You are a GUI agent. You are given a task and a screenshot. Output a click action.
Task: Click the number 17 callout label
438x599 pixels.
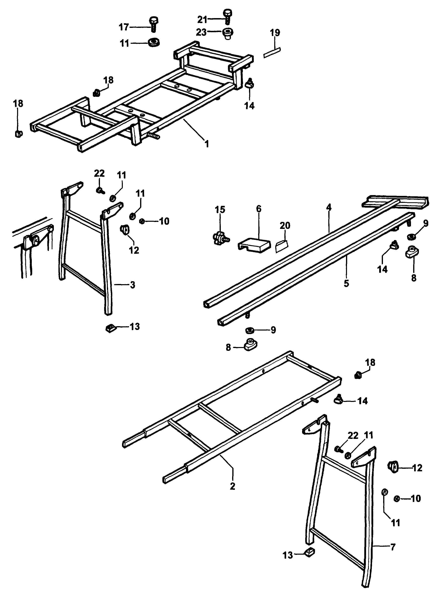(x=124, y=27)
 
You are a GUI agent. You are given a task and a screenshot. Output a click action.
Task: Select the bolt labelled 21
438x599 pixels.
(x=228, y=17)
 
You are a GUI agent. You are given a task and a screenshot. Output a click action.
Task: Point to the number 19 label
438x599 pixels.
(x=275, y=33)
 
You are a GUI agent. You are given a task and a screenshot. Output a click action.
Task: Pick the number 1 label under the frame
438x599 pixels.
(x=207, y=144)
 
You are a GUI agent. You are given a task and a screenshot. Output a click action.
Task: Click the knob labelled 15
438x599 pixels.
(x=221, y=237)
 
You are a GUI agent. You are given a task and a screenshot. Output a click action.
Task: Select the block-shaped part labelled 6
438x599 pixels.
(x=254, y=245)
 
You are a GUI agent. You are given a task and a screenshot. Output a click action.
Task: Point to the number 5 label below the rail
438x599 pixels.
(x=346, y=283)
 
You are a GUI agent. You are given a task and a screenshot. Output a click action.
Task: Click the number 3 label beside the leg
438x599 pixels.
(x=133, y=285)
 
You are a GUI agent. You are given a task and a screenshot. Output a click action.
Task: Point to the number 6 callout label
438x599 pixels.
(x=259, y=209)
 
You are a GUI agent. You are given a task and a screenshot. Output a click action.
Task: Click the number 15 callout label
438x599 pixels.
(x=220, y=210)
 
